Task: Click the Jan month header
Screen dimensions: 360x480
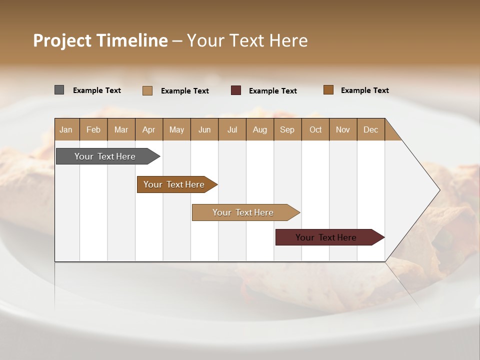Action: [66, 129]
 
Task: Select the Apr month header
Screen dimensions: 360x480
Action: [148, 129]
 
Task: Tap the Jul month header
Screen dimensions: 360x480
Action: [232, 129]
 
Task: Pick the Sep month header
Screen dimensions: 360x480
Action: [287, 129]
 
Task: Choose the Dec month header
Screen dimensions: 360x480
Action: [370, 129]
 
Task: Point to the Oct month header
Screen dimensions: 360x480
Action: [315, 129]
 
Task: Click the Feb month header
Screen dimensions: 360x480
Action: [93, 129]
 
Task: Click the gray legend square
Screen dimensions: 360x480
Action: [59, 90]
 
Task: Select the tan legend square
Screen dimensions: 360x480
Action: [147, 90]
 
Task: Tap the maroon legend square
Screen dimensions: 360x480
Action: [236, 90]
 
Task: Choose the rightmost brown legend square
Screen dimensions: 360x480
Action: [328, 90]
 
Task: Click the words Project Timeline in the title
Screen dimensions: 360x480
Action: [100, 40]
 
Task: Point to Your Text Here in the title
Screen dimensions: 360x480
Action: [247, 40]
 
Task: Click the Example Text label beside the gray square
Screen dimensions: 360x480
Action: [97, 90]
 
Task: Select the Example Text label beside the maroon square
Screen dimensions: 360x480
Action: [273, 91]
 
